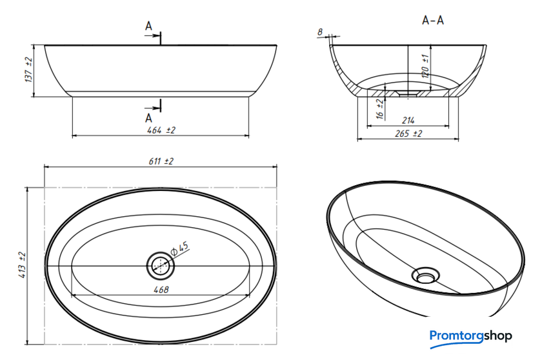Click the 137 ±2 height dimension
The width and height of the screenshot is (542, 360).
[28, 70]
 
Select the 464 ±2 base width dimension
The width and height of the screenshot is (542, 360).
[161, 130]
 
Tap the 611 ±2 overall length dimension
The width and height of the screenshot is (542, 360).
[161, 161]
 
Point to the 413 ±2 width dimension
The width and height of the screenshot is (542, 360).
[22, 265]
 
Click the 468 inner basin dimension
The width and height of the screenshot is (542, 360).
[161, 290]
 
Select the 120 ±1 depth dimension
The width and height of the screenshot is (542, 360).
[425, 66]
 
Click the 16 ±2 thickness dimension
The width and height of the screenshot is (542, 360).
[380, 109]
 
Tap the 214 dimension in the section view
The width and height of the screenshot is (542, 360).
[408, 120]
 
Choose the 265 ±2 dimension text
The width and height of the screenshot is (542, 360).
[408, 134]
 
